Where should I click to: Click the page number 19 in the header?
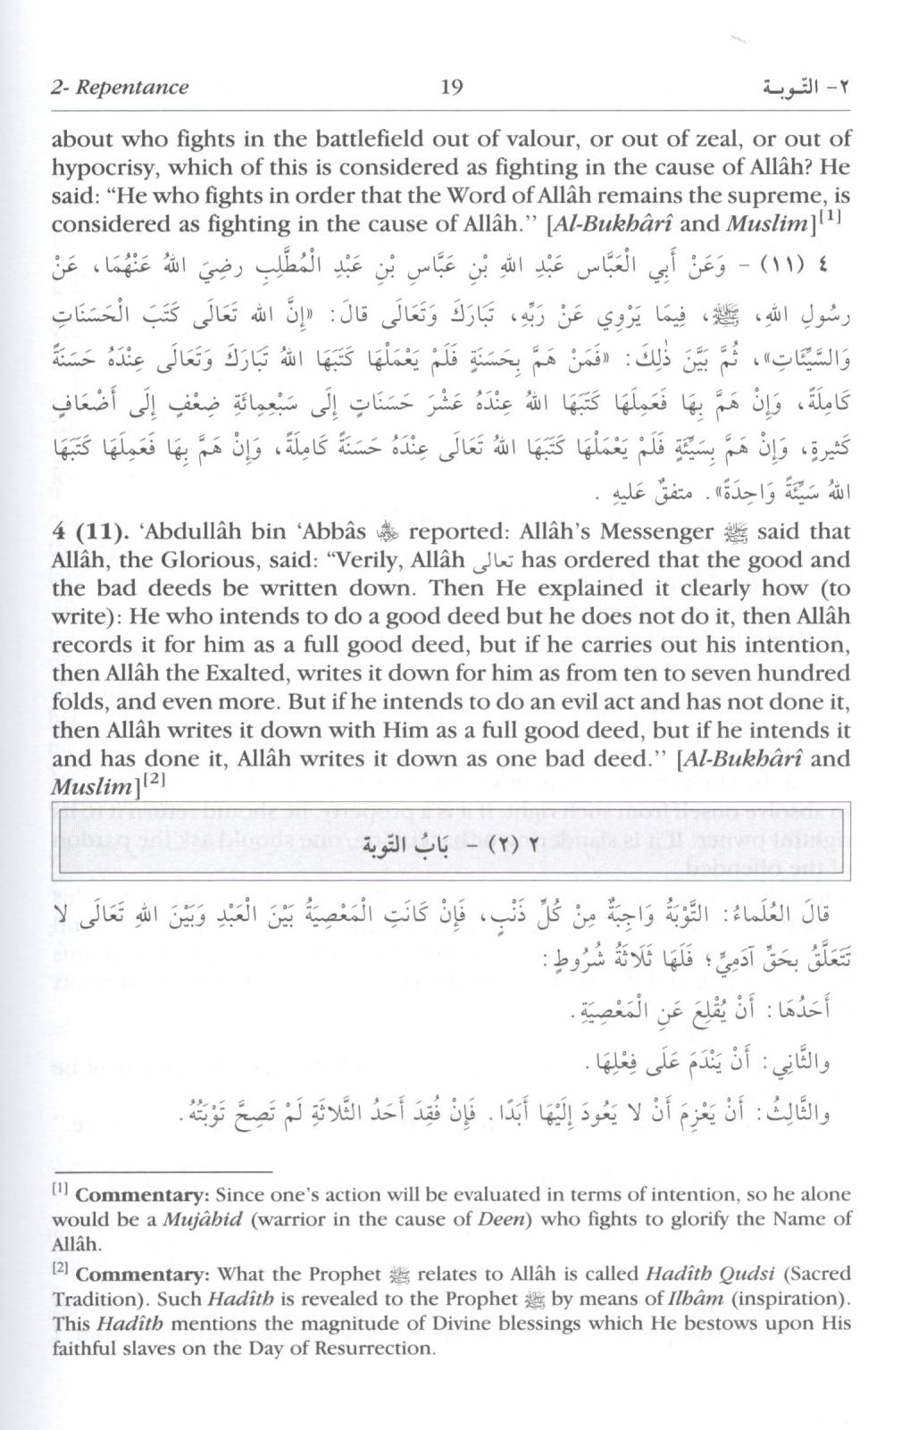451,87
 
